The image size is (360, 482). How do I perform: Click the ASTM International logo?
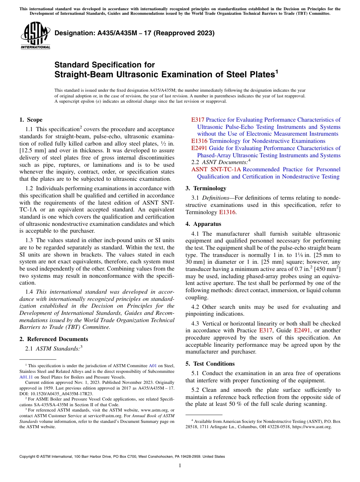35,36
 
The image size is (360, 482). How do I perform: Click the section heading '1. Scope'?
31,120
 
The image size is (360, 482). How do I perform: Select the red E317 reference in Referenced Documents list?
198,120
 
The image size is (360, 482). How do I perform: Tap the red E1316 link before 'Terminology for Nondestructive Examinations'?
199,141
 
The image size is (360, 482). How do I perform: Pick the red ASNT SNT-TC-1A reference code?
216,169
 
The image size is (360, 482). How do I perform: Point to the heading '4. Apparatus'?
203,224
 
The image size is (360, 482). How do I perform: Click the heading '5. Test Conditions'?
210,364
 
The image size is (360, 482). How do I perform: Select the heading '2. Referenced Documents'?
53,339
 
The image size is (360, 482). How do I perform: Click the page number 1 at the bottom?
180,466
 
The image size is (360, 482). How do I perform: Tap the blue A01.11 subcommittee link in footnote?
25,377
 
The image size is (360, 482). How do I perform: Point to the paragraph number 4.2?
195,307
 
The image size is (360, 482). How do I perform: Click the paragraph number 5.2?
195,390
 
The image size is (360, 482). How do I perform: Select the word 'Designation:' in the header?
74,33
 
